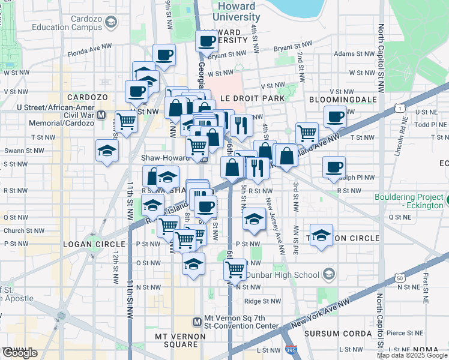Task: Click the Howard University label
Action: click(x=237, y=11)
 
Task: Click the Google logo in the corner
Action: click(x=20, y=353)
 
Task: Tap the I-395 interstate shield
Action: click(x=291, y=350)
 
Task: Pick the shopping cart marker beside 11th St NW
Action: click(x=126, y=120)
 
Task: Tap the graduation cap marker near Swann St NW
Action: click(x=107, y=150)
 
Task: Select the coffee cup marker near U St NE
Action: click(x=336, y=115)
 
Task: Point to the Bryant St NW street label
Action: click(x=292, y=46)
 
